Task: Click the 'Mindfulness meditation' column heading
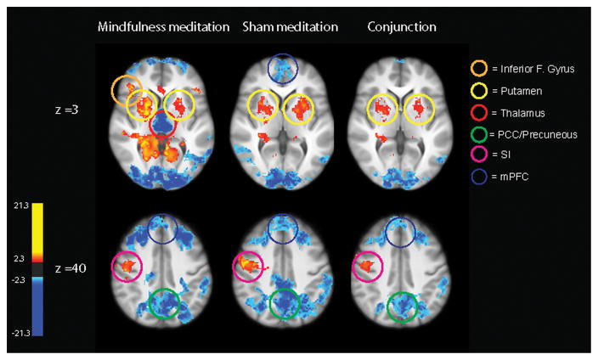tap(164, 27)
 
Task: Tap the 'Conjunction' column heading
tap(402, 27)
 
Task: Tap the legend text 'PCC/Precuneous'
tap(535, 133)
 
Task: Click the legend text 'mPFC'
tap(511, 178)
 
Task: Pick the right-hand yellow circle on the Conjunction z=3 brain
tap(418, 108)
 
